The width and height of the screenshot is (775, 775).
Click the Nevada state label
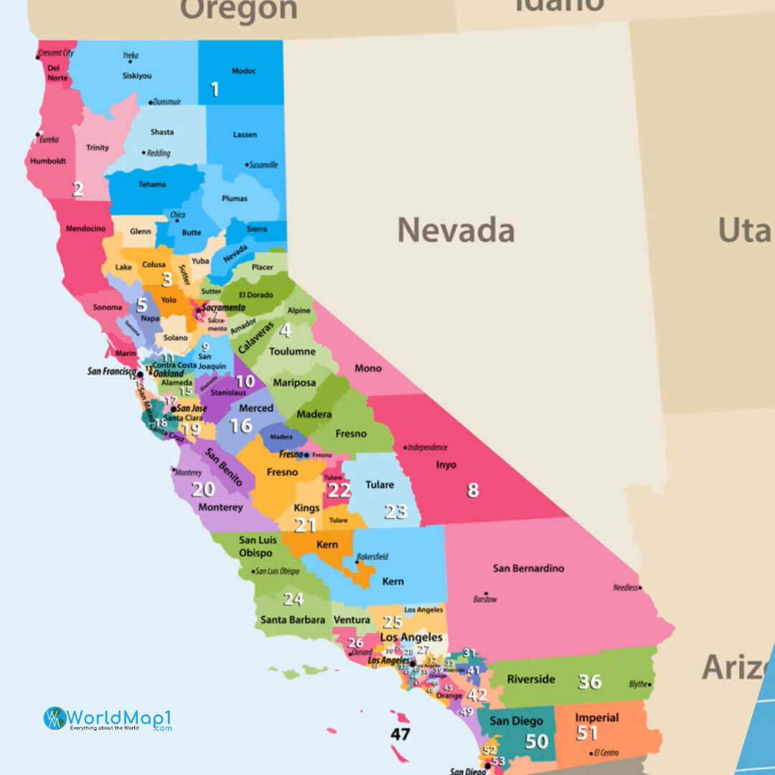[x=456, y=230]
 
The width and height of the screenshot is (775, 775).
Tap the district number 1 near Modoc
[x=214, y=90]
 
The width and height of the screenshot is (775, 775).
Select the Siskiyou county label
[x=137, y=75]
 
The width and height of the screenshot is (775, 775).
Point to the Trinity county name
[x=98, y=148]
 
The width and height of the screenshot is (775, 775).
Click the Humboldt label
[x=48, y=161]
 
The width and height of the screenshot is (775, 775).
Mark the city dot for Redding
[x=144, y=153]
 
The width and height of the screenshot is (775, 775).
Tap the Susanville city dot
[x=248, y=164]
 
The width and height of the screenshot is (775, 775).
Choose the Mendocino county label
[x=85, y=228]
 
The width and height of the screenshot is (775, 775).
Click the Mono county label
[x=368, y=368]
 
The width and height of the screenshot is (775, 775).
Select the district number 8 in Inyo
[x=472, y=490]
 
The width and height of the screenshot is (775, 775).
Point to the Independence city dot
[x=406, y=447]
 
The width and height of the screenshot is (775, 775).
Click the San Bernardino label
[x=528, y=568]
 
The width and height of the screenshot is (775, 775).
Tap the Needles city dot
[x=640, y=588]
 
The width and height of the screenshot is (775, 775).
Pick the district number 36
[x=590, y=681]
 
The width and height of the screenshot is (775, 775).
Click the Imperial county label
[x=596, y=718]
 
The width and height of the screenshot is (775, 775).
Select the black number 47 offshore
[x=400, y=734]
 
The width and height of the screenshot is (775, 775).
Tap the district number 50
[x=537, y=741]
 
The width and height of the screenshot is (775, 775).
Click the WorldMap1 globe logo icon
[x=55, y=718]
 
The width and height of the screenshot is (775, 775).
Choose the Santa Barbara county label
[x=293, y=619]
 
